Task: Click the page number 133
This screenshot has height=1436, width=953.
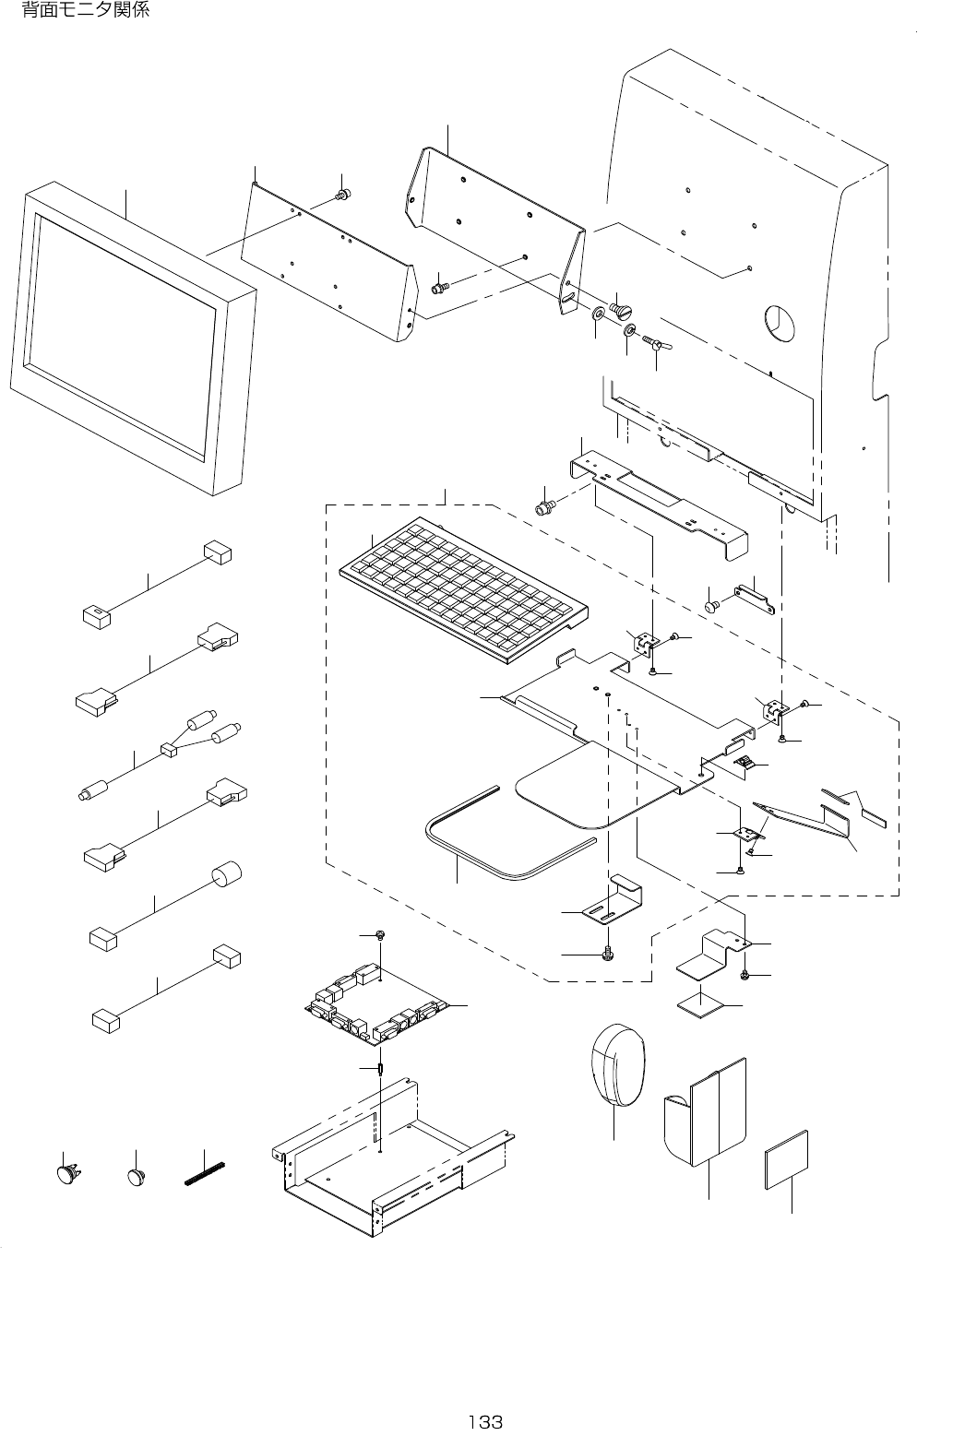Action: [485, 1422]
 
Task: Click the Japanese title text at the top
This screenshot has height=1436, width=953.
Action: [85, 9]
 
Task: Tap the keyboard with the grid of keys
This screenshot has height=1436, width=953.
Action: [463, 589]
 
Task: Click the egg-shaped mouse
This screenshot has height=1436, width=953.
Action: [617, 1065]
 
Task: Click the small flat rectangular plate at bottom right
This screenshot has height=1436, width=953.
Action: [786, 1160]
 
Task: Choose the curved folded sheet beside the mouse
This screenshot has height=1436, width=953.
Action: [706, 1114]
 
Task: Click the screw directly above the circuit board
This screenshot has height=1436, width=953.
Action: [380, 936]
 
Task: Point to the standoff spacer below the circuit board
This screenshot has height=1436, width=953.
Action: [381, 1069]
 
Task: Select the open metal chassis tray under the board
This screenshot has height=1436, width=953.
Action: [391, 1160]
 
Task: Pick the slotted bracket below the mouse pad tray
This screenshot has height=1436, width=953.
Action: [611, 901]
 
